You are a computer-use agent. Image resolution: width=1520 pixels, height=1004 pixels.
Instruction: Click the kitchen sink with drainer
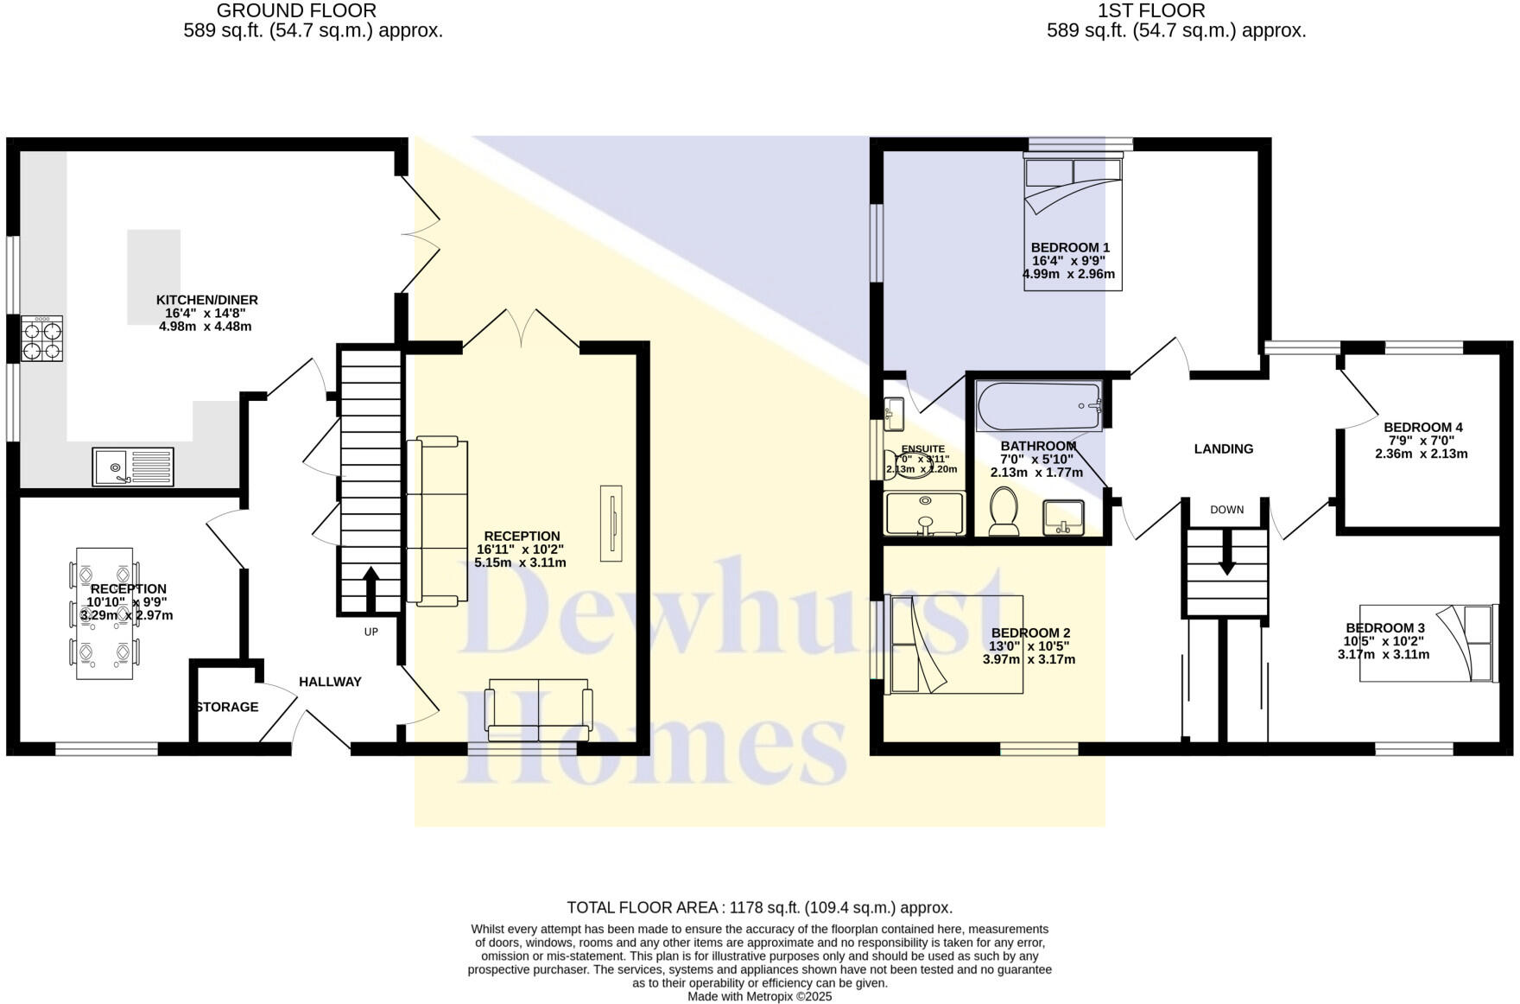(133, 467)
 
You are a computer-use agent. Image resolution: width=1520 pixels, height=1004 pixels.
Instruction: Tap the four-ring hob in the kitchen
(42, 340)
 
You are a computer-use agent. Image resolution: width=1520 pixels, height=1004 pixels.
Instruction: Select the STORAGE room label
(226, 707)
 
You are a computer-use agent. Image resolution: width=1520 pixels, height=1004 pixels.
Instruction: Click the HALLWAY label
(330, 682)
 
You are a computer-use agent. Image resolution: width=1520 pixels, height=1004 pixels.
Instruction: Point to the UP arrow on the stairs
(370, 588)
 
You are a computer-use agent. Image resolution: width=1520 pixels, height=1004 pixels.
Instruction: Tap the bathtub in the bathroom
(1039, 406)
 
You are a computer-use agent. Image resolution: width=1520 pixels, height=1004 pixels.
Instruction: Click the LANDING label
(1223, 448)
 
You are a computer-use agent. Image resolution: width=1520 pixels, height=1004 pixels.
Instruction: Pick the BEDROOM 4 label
(1422, 427)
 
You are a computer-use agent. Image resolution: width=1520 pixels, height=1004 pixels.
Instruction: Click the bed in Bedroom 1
(1073, 221)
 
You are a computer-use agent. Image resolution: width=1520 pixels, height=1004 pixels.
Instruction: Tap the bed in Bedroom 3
(1427, 643)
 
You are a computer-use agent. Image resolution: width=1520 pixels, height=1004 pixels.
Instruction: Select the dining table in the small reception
(104, 613)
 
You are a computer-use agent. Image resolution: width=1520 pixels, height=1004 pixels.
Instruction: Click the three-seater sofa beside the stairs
(437, 520)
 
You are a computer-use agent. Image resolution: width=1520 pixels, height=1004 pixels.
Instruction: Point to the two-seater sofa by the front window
(539, 709)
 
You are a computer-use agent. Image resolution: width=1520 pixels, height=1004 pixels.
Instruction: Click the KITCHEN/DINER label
(206, 300)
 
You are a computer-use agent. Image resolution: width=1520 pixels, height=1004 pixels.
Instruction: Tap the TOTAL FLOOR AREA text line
(759, 907)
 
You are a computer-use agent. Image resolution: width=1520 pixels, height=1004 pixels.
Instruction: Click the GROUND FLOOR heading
(295, 11)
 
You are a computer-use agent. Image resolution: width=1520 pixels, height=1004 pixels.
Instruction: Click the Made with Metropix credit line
(759, 996)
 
